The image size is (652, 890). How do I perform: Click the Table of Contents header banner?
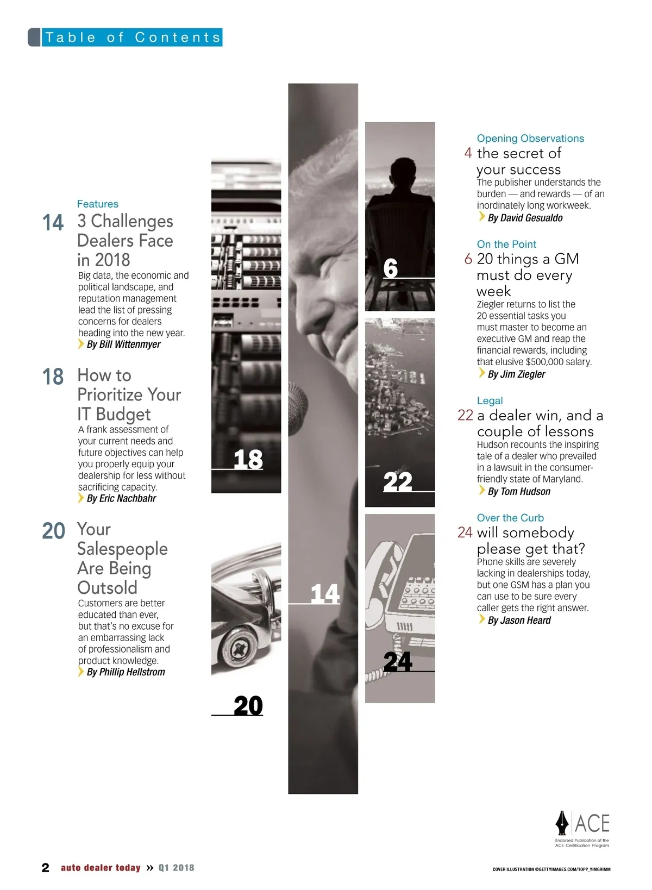125,37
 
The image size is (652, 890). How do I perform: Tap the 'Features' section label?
98,204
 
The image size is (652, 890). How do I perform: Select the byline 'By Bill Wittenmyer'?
123,344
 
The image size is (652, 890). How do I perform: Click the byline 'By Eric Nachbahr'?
121,498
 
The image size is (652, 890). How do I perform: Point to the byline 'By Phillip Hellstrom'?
126,672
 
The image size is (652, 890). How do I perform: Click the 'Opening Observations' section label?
530,138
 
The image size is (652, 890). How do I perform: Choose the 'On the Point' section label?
506,244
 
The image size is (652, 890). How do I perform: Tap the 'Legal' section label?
490,400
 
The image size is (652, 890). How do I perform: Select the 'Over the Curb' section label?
510,518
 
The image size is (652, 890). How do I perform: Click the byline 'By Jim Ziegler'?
517,374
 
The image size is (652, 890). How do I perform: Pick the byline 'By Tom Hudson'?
519,492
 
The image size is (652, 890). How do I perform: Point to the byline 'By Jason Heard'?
519,620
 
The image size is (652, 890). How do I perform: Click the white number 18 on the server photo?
248,459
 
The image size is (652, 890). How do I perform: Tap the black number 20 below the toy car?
248,706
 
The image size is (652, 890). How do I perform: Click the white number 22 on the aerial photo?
398,482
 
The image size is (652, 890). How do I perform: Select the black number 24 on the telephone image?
398,662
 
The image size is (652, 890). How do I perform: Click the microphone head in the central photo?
298,408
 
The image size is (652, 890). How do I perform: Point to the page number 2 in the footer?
46,868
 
